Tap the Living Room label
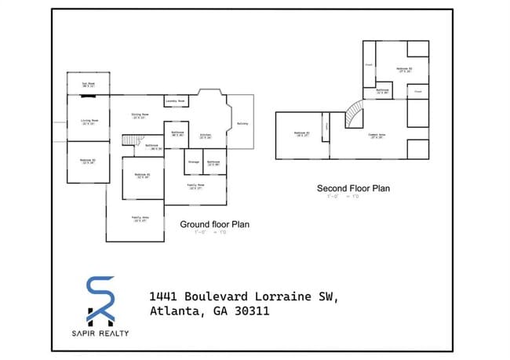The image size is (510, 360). click(x=88, y=122)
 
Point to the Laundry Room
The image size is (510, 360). click(x=175, y=101)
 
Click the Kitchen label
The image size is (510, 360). click(x=206, y=136)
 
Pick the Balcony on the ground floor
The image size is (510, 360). click(x=242, y=124)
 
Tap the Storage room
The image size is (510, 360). click(x=193, y=162)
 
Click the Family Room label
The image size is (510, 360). click(x=195, y=187)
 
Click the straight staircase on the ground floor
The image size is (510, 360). click(x=129, y=139)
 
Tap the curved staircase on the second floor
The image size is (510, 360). click(x=355, y=115)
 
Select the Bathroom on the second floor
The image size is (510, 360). click(x=383, y=91)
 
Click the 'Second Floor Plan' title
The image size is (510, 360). click(x=353, y=188)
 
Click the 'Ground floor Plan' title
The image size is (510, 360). click(x=214, y=224)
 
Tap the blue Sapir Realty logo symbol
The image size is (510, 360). click(x=101, y=299)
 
